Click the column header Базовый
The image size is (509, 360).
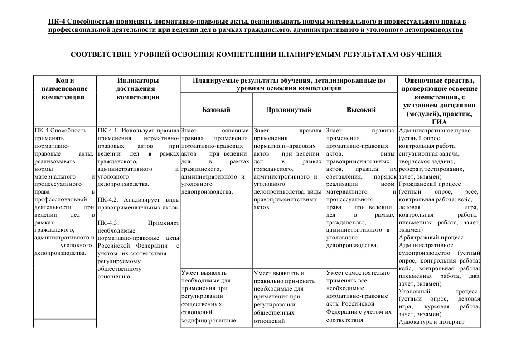(x=216, y=110)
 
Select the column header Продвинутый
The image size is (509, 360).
(x=288, y=110)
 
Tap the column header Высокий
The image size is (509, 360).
(x=361, y=110)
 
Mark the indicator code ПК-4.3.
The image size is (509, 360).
(x=107, y=223)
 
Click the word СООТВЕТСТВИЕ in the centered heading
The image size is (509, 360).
(x=101, y=54)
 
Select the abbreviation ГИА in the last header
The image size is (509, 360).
(x=439, y=122)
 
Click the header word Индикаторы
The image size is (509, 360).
(x=138, y=81)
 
